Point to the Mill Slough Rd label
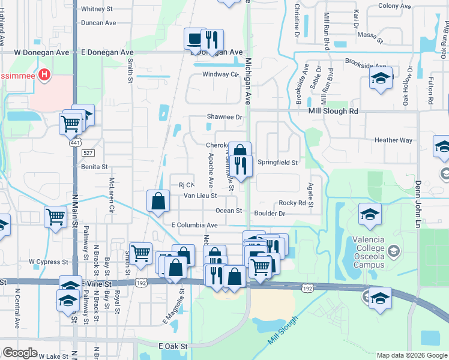tap(333, 111)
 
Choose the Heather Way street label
tap(393, 140)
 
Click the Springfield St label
tap(277, 163)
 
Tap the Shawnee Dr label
tap(224, 117)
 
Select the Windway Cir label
tap(220, 74)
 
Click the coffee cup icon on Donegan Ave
tap(194, 39)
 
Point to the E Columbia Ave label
tap(194, 225)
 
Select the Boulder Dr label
tap(273, 214)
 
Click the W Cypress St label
tap(49, 262)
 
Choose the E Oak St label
tap(173, 346)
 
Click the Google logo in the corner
tap(20, 353)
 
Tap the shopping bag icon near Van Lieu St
tap(157, 201)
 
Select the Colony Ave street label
tap(394, 6)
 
